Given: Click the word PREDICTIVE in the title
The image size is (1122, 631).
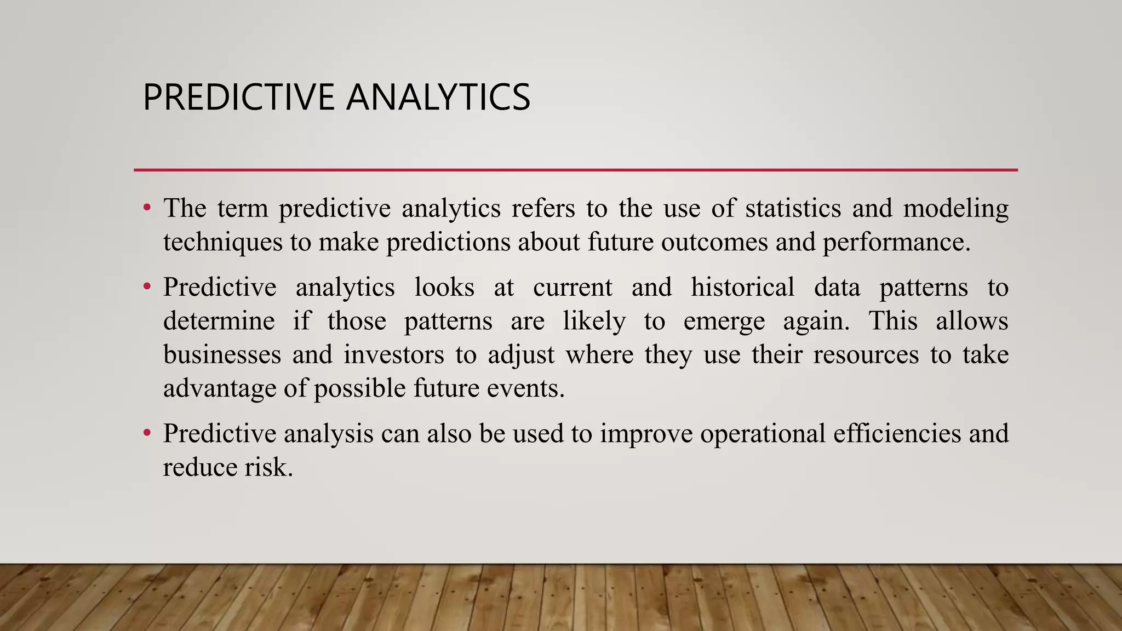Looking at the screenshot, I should tap(239, 97).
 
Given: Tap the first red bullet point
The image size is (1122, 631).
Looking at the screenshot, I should tap(146, 208).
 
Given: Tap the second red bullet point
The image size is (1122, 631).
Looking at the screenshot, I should tap(146, 287).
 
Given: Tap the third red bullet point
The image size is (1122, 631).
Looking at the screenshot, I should tap(146, 433).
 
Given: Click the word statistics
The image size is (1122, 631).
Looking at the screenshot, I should tap(793, 208).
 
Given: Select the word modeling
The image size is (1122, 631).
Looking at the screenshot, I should tap(955, 209).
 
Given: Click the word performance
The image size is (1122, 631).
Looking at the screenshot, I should tap(896, 243).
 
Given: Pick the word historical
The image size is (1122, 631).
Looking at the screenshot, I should tap(742, 287).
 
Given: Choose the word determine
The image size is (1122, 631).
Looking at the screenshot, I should tap(219, 321).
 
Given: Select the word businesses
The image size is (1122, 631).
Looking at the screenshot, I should tap(222, 354).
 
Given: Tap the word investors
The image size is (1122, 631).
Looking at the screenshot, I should tap(393, 354).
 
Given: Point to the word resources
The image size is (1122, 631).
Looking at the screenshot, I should tap(866, 354).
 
